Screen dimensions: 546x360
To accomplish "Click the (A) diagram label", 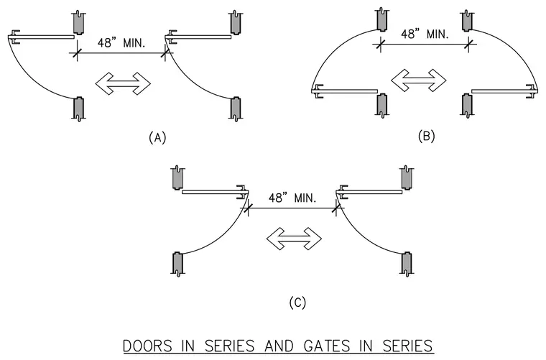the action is (x=157, y=137).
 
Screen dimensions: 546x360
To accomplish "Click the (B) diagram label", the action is (x=426, y=136).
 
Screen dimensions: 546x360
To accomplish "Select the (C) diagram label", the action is (x=297, y=303).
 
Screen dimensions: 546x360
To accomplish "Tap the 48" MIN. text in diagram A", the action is (x=121, y=43).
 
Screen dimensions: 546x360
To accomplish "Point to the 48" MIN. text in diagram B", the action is (x=425, y=34).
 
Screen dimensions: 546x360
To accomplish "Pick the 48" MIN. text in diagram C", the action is (x=292, y=198).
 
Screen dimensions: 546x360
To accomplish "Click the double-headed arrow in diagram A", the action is (x=123, y=83).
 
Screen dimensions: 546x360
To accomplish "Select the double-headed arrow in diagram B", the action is (x=419, y=80).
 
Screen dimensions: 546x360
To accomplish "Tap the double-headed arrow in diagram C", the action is (x=294, y=239).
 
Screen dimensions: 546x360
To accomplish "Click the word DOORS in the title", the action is (x=147, y=346).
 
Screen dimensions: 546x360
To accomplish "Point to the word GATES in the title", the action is (x=327, y=346).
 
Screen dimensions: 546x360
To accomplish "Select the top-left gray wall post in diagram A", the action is (x=78, y=23).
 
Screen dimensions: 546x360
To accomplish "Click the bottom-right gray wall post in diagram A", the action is (x=236, y=109).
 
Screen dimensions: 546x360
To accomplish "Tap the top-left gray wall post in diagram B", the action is (x=382, y=19).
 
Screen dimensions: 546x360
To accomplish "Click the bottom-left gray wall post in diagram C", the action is (x=177, y=264).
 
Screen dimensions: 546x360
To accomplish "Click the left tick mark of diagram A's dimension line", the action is (x=77, y=53).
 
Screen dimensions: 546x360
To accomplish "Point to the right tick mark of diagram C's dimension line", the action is (x=336, y=208).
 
